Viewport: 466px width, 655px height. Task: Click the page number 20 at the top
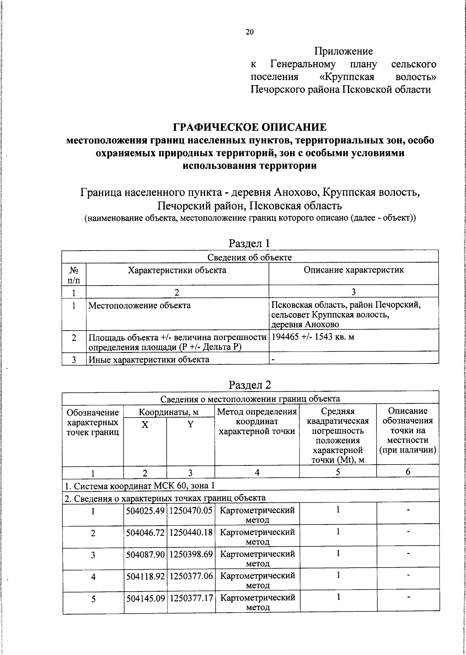pos(249,32)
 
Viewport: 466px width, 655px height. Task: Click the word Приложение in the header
pos(343,51)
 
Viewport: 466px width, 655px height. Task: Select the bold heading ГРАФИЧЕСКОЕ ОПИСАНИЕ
pos(250,127)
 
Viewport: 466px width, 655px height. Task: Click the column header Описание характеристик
pos(353,270)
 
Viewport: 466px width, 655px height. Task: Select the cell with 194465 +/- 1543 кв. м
pos(313,336)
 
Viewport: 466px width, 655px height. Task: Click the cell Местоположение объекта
pos(140,305)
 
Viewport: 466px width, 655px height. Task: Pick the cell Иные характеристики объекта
pos(149,359)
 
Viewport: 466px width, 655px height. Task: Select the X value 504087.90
pos(146,554)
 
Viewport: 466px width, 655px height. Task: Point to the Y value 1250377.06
pos(191,576)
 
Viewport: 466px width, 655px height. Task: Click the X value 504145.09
pos(146,598)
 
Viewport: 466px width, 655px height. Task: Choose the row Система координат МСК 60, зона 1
pos(140,485)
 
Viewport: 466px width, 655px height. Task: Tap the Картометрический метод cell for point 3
pos(257,558)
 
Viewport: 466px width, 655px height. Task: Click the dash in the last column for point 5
pos(408,597)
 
